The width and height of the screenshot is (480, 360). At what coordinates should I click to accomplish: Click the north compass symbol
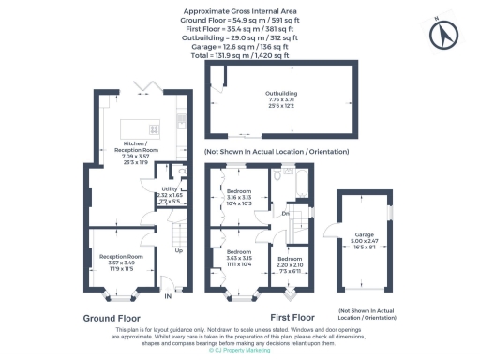tap(443, 36)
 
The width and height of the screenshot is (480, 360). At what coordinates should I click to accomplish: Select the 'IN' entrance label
tap(169, 297)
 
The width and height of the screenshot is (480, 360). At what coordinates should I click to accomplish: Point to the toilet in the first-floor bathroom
tap(278, 175)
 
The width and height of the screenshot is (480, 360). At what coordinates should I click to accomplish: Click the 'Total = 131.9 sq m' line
tap(240, 55)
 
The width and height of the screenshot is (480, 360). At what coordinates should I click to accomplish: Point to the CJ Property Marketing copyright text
tap(241, 352)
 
